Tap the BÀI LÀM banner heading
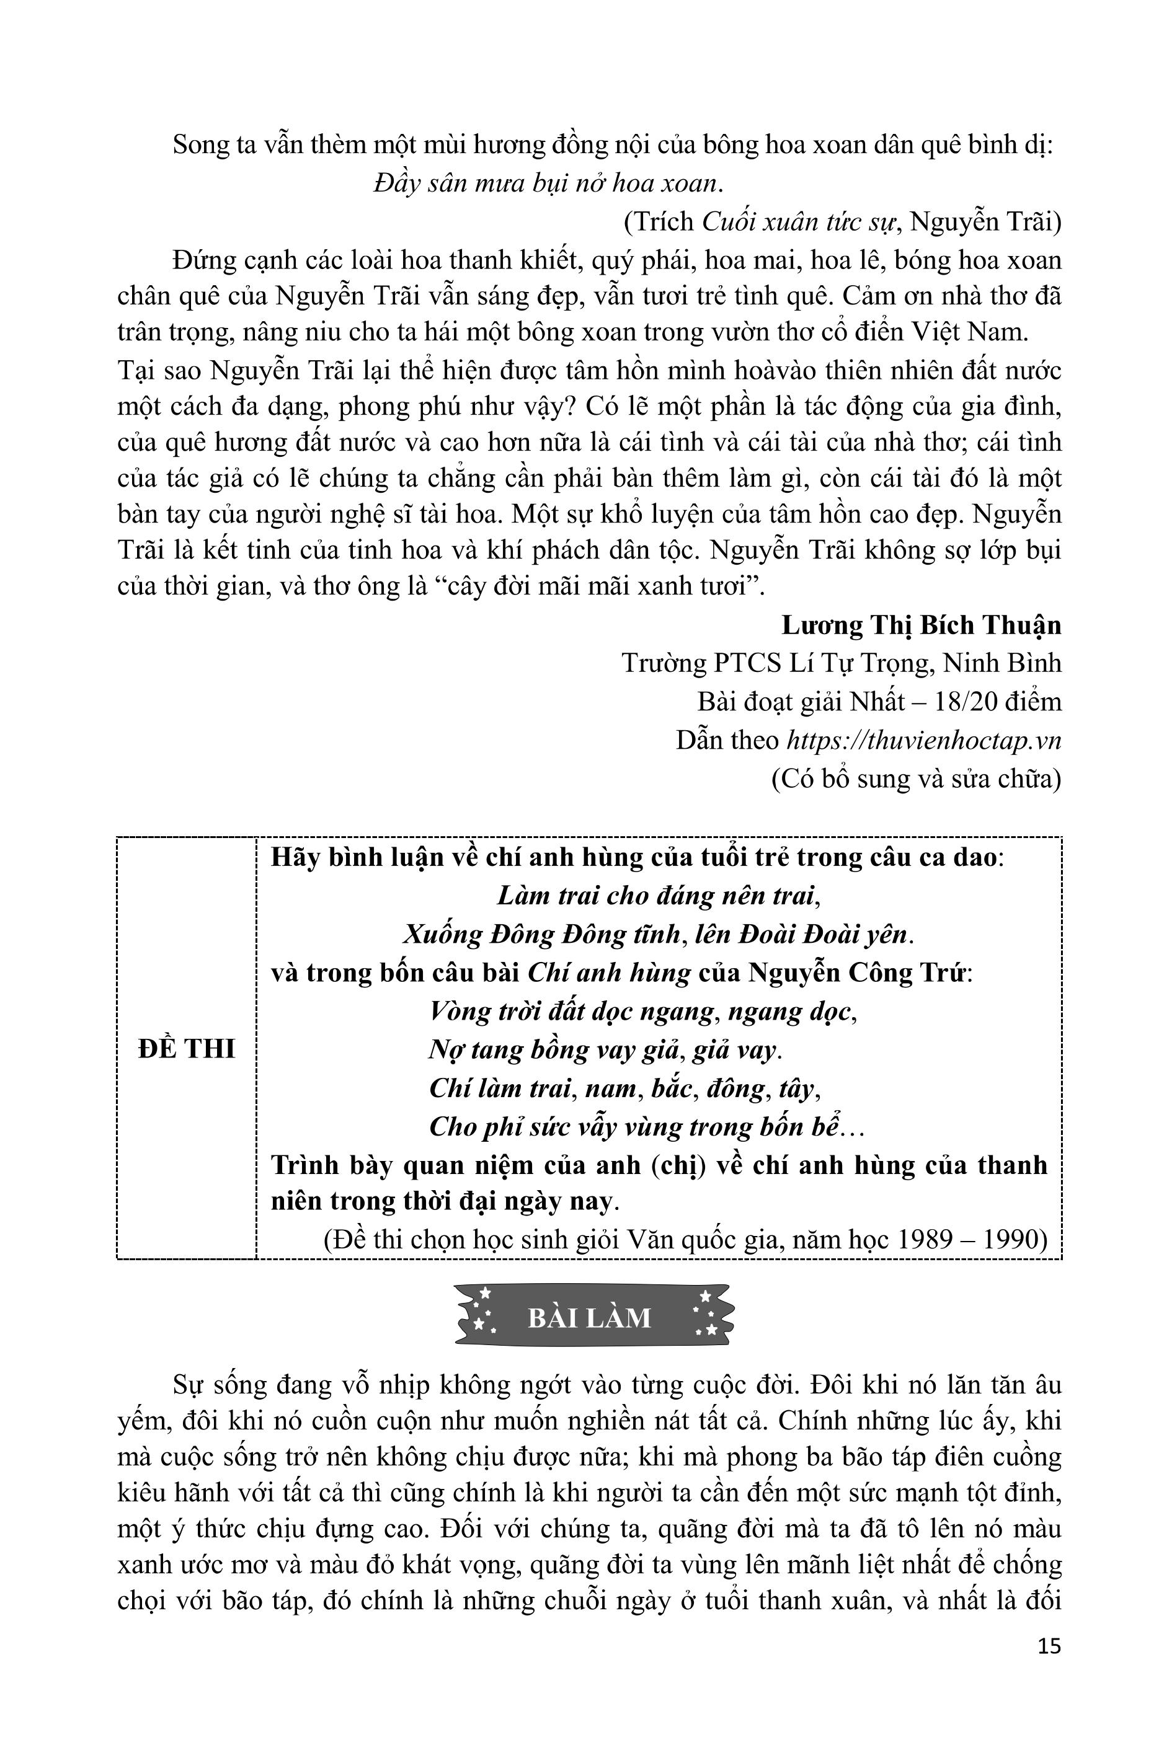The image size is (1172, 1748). tap(590, 1318)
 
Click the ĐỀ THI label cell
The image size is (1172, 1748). tap(187, 1049)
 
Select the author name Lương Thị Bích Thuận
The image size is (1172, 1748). tap(921, 624)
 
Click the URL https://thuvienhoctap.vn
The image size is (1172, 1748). tap(924, 739)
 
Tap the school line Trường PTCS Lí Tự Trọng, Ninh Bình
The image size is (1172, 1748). tap(841, 663)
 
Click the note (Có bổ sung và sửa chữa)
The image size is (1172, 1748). tap(916, 779)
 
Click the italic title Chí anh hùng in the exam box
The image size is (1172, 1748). tap(608, 973)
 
